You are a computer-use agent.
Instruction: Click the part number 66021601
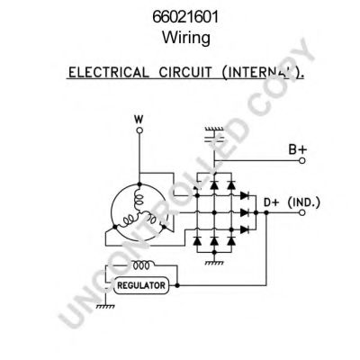pyautogui.click(x=185, y=17)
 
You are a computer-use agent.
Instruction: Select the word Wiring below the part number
pyautogui.click(x=186, y=38)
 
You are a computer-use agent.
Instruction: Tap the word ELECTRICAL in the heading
pyautogui.click(x=108, y=73)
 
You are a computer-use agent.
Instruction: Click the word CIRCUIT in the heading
pyautogui.click(x=184, y=73)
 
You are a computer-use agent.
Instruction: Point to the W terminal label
pyautogui.click(x=139, y=120)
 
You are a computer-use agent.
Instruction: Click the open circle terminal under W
pyautogui.click(x=139, y=130)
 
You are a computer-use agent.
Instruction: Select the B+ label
pyautogui.click(x=298, y=149)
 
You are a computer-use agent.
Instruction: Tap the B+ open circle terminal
pyautogui.click(x=302, y=160)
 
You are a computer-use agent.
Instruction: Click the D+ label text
pyautogui.click(x=272, y=202)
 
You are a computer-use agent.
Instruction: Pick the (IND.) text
pyautogui.click(x=304, y=202)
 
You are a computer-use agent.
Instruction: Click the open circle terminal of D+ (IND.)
pyautogui.click(x=302, y=212)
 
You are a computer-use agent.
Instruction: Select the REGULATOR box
pyautogui.click(x=141, y=285)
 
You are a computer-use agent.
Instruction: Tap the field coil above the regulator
pyautogui.click(x=141, y=265)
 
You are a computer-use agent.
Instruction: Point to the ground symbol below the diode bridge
pyautogui.click(x=214, y=263)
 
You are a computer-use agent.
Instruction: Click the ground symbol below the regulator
pyautogui.click(x=105, y=306)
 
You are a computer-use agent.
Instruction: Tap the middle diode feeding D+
pyautogui.click(x=245, y=212)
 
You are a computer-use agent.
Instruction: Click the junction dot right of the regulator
pyautogui.click(x=177, y=285)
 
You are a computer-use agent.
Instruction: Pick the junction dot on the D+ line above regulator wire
pyautogui.click(x=266, y=212)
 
